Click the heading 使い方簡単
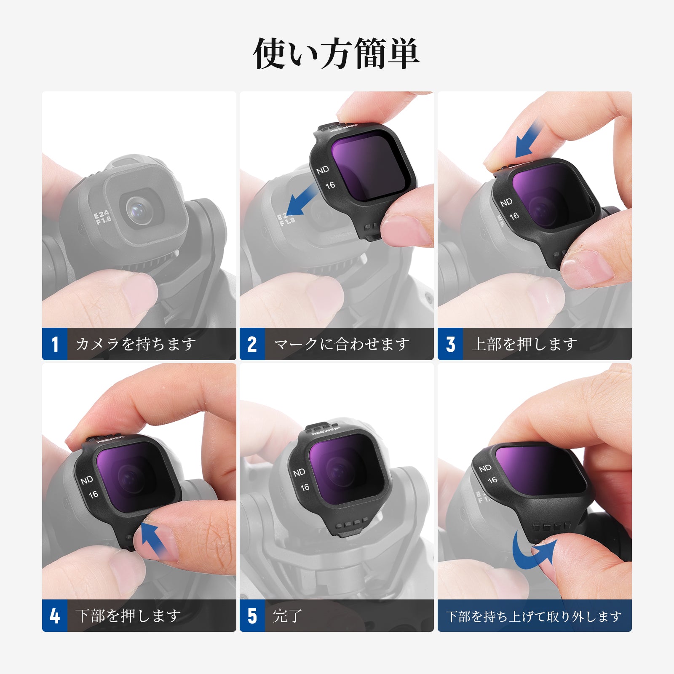[x=336, y=53]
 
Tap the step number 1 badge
[x=55, y=344]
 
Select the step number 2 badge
[x=252, y=344]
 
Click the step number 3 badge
[x=450, y=344]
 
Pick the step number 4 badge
[x=55, y=615]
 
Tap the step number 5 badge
[x=252, y=615]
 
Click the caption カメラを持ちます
[x=136, y=344]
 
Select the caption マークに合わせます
[x=342, y=344]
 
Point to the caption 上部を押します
[x=524, y=344]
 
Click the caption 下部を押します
[x=128, y=616]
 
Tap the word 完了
[x=288, y=616]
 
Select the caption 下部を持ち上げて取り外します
[x=534, y=617]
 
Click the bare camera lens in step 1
[x=139, y=209]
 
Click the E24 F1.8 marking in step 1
[x=102, y=218]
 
